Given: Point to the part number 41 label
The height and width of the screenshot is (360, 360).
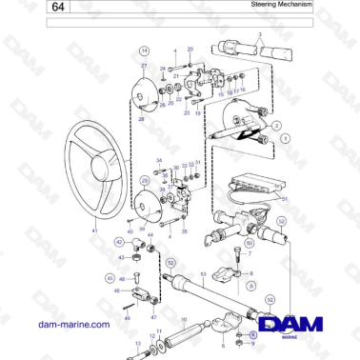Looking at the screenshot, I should point(94,231).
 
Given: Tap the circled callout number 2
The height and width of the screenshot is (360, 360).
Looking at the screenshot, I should point(276,125).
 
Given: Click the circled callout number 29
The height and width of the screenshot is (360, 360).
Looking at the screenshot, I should point(145,179).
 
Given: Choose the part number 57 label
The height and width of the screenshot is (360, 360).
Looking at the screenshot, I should point(285,200).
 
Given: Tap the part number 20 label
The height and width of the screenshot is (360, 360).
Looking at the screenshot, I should point(190,48).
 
